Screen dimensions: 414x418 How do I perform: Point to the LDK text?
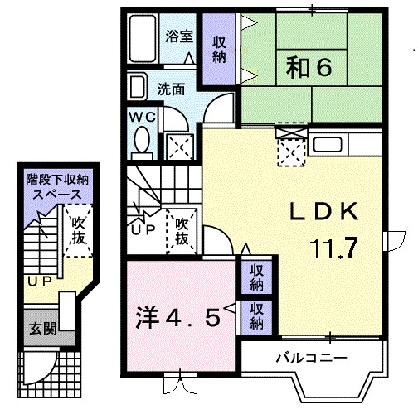(323, 212)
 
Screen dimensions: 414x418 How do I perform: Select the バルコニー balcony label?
(311, 358)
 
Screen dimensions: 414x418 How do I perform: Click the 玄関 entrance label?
(45, 328)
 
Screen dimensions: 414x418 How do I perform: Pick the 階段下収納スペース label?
(57, 186)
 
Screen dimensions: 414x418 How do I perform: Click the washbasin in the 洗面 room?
(139, 85)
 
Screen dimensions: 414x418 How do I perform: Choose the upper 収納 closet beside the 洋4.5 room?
(257, 276)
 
